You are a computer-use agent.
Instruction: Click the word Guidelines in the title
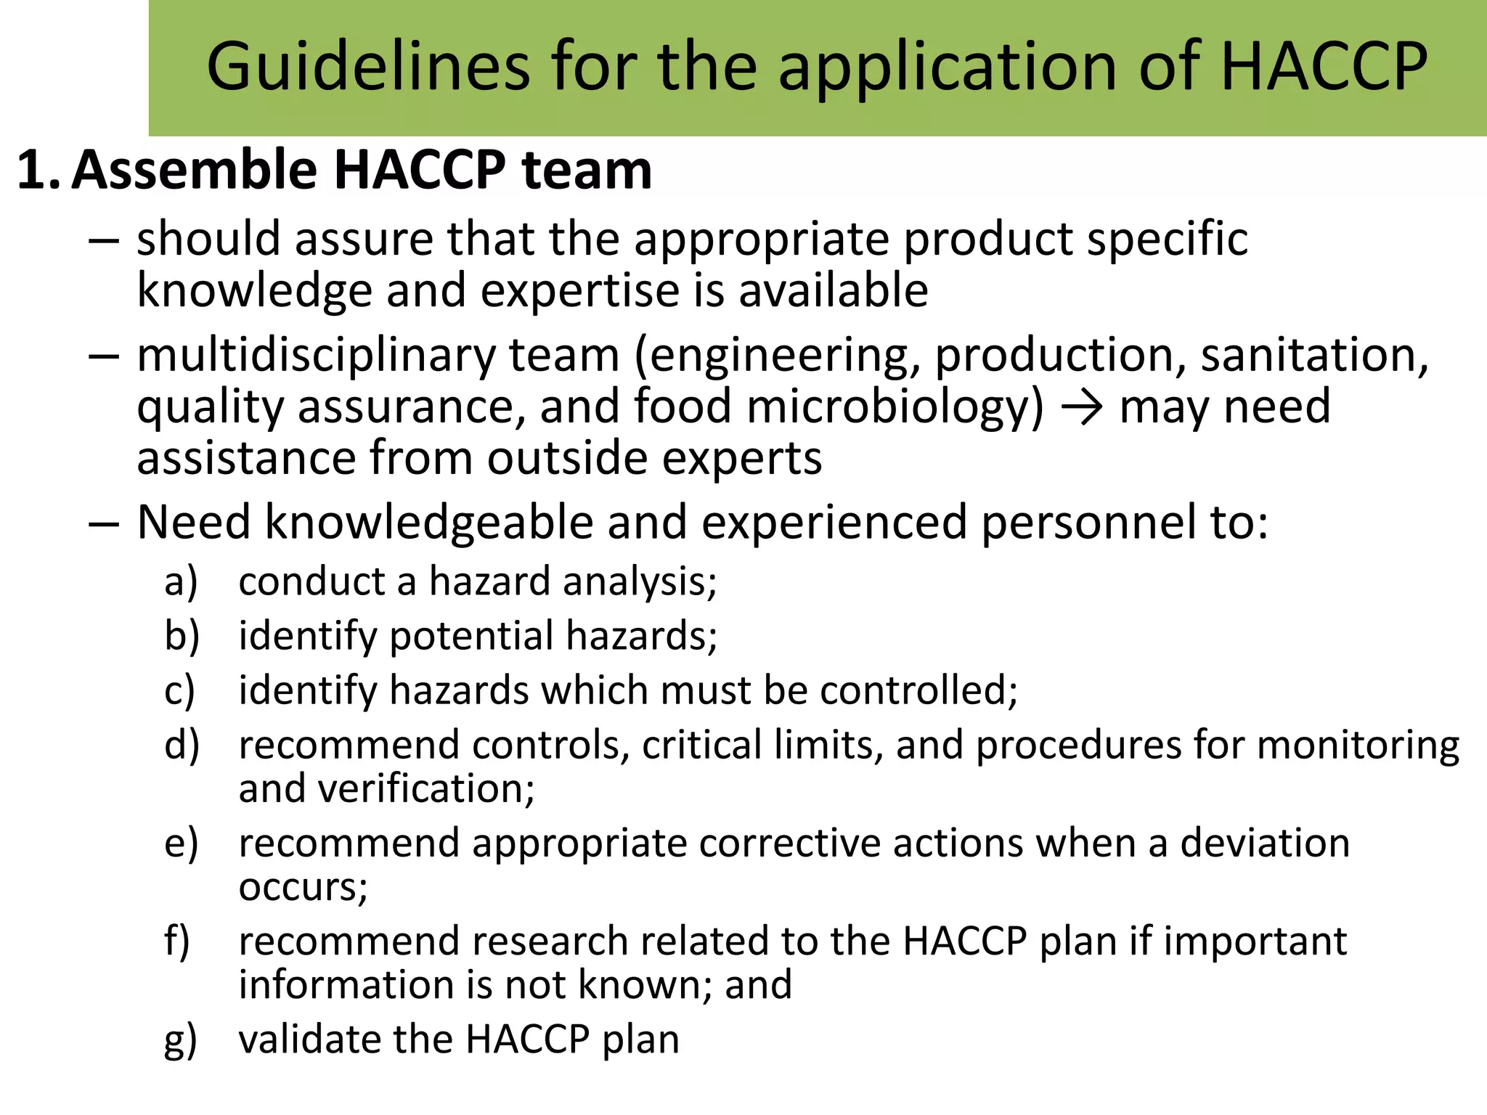368,67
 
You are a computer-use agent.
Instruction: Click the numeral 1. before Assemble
38,171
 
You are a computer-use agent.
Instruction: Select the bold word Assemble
195,170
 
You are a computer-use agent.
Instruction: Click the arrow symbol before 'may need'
1081,407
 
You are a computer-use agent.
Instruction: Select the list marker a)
181,581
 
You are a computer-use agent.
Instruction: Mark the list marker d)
182,745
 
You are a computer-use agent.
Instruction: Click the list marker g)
181,1040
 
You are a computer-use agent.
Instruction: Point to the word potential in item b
471,636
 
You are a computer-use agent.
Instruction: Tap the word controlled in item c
918,690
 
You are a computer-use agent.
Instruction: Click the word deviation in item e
1264,843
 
